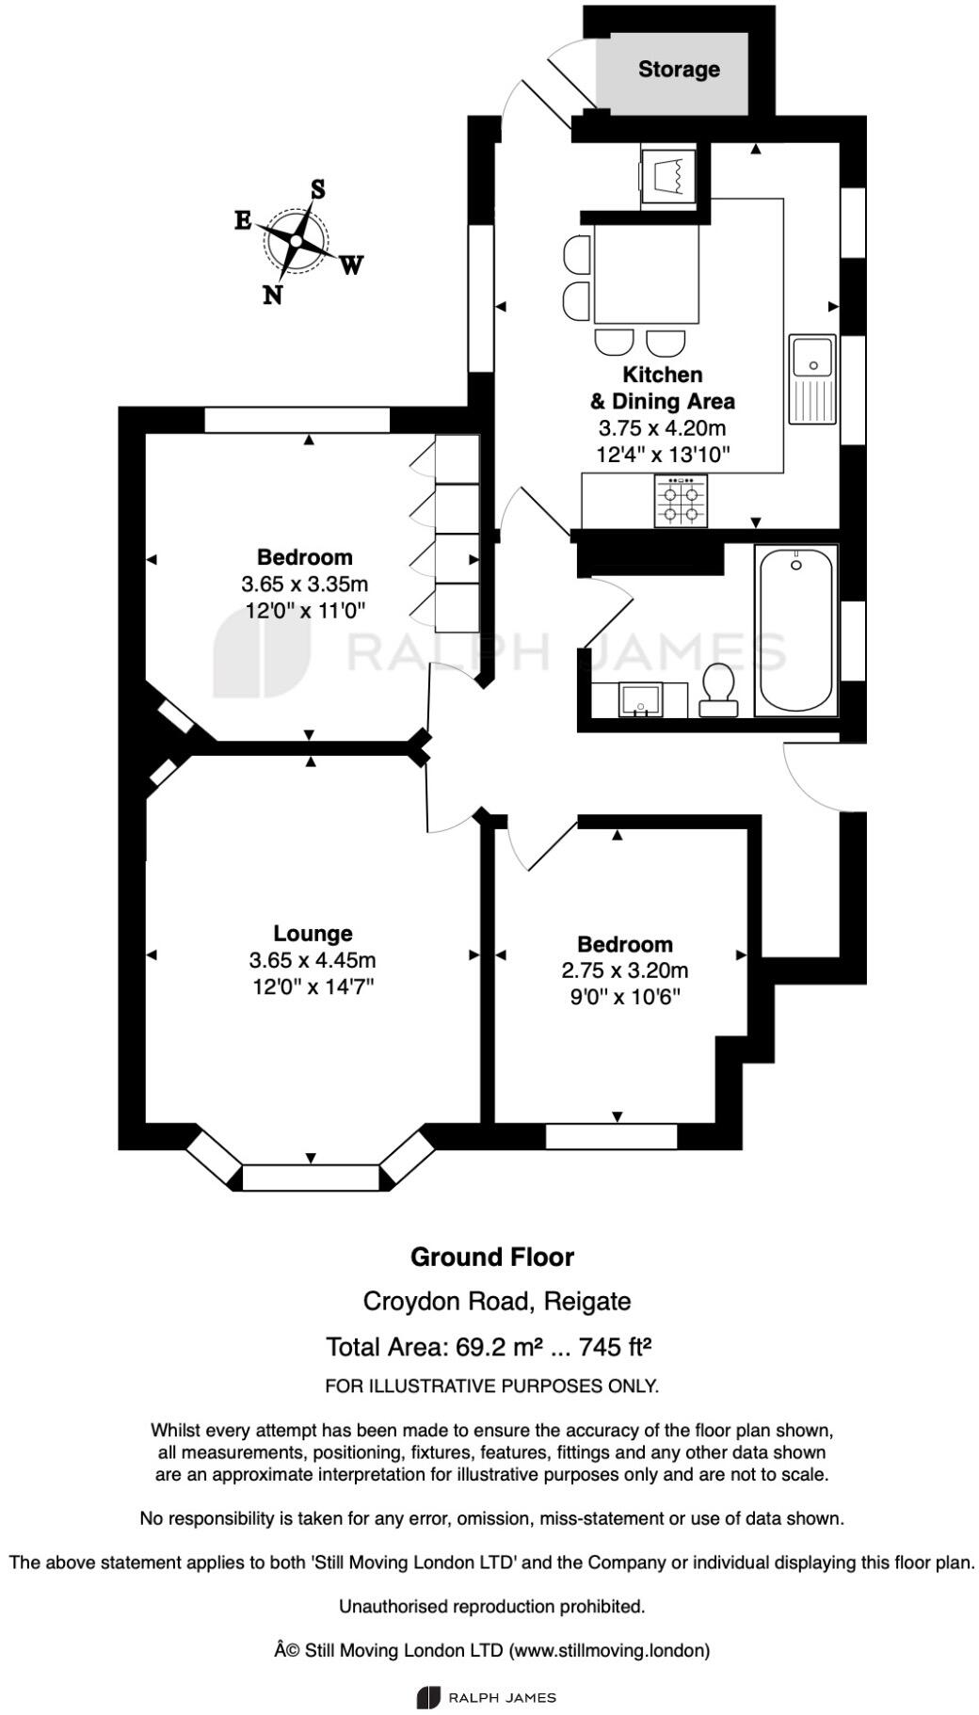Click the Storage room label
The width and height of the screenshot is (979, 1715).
pos(679,70)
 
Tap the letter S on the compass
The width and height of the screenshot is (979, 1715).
pos(318,190)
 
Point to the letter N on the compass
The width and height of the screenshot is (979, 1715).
pos(273,295)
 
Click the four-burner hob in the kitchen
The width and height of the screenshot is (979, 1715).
pos(681,501)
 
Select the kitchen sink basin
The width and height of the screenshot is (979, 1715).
pos(810,358)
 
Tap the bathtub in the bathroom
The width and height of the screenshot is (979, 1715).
pos(795,631)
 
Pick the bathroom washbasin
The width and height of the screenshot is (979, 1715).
pos(641,699)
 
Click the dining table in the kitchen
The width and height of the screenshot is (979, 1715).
pos(647,274)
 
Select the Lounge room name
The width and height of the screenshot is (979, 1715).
pos(313,934)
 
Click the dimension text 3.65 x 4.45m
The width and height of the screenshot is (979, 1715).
pos(313,960)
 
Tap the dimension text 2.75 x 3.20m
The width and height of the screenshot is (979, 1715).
pos(625,970)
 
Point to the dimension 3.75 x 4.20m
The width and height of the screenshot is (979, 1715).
pos(663,428)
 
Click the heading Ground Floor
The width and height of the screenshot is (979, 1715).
pos(492,1257)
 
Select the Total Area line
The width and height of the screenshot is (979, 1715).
pos(489,1347)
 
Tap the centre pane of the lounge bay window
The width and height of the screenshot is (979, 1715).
pos(311,1178)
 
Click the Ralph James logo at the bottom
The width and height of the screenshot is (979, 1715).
pos(487,1698)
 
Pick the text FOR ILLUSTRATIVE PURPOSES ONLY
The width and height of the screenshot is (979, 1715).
pos(491,1386)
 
